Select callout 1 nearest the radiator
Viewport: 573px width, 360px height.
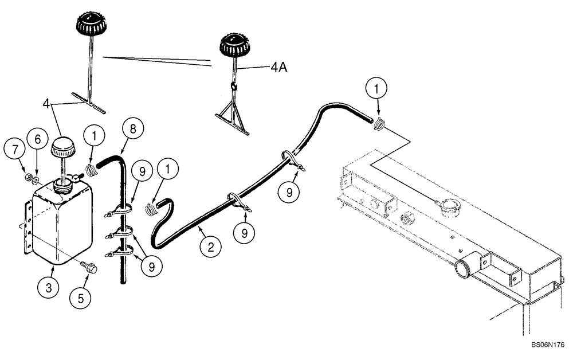click(376, 89)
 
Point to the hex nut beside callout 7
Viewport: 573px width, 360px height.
click(27, 175)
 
